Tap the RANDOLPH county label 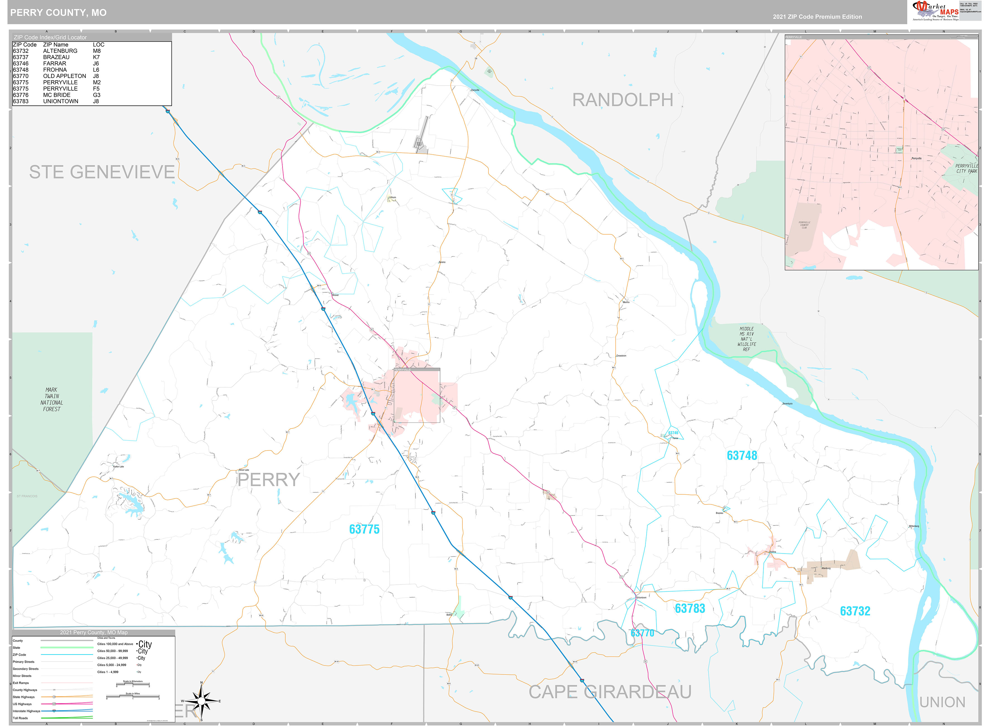[622, 100]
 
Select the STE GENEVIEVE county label [102, 172]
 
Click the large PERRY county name [269, 480]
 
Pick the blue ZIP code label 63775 [364, 529]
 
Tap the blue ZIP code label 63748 [742, 455]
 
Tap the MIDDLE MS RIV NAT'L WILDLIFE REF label [746, 339]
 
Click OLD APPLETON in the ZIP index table [64, 76]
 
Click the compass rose [201, 701]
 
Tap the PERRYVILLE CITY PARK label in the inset [966, 169]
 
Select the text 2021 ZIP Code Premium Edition [817, 17]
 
